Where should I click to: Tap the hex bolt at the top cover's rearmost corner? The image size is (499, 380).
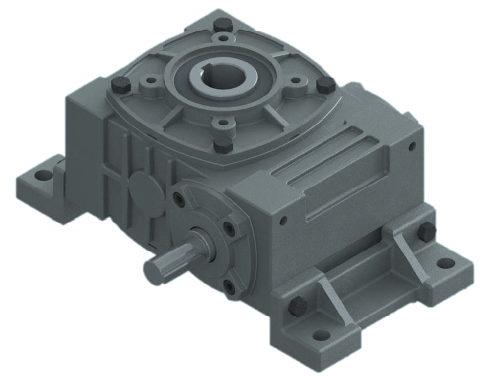pyautogui.click(x=222, y=24)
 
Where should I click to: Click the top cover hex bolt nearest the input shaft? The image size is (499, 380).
pyautogui.click(x=223, y=146)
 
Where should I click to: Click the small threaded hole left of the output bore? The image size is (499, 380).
pyautogui.click(x=151, y=80)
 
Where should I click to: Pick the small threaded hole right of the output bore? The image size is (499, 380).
pyautogui.click(x=295, y=80)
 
